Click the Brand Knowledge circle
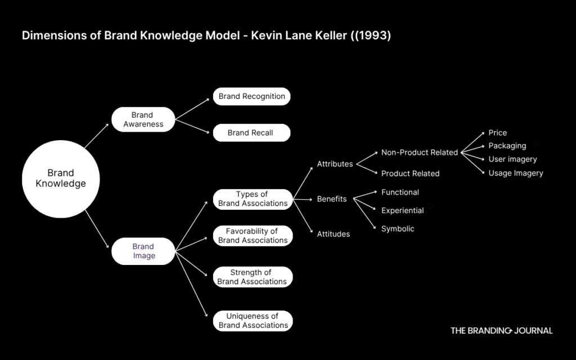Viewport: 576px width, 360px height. [61, 179]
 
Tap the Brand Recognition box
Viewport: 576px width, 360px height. [251, 96]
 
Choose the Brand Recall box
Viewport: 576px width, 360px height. [251, 133]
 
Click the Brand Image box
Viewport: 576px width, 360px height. [143, 251]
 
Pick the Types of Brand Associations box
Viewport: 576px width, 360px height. [253, 199]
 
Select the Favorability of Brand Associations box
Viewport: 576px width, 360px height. [253, 236]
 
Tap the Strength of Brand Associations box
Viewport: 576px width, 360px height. [253, 277]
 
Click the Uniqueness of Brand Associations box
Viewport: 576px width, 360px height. [253, 321]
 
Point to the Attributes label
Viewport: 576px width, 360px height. [335, 164]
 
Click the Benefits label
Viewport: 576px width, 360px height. [332, 199]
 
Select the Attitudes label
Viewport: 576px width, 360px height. [333, 234]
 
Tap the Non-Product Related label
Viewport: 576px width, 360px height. [419, 152]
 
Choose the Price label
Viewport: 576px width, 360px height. [497, 133]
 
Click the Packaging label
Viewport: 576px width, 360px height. [507, 146]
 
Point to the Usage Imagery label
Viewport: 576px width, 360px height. [515, 173]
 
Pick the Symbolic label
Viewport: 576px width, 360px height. [398, 229]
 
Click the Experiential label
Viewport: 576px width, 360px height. [402, 210]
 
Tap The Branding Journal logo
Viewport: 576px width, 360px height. [501, 331]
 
